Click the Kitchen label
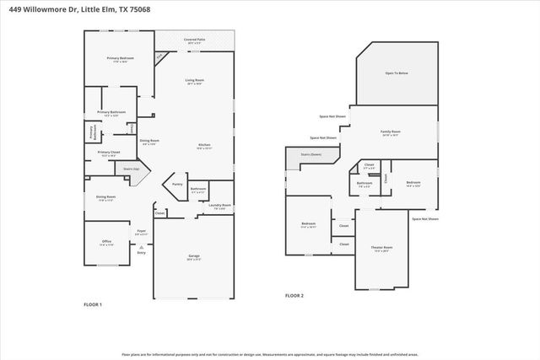tap(204, 146)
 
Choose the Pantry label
tap(177, 184)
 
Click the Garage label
tap(193, 258)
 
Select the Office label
tap(106, 243)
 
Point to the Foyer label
tap(142, 232)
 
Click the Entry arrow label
tap(141, 252)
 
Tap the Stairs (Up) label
tap(131, 169)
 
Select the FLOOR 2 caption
tap(294, 296)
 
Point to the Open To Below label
tap(397, 74)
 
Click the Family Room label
tap(391, 132)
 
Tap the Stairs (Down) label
tap(310, 155)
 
